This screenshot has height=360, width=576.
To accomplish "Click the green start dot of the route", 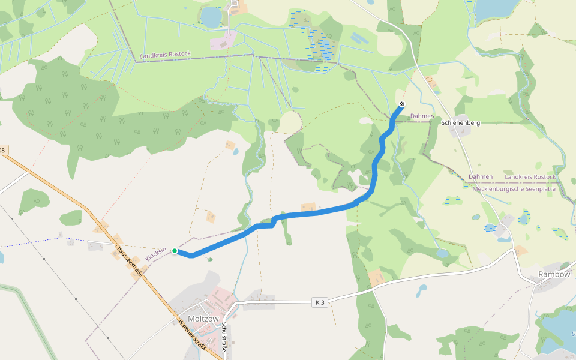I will click(175, 251).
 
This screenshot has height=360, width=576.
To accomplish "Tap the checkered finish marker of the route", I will click(402, 104).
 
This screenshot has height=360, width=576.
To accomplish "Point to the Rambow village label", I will click(554, 274).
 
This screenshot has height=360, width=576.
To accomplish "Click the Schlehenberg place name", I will click(460, 123).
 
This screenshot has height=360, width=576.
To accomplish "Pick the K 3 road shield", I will click(320, 302).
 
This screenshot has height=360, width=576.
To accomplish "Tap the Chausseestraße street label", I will click(129, 260).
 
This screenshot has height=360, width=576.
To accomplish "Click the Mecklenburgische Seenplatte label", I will click(515, 189).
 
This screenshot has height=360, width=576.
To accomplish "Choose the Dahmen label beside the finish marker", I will click(421, 116).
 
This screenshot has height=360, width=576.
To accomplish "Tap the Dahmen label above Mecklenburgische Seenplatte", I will click(481, 177).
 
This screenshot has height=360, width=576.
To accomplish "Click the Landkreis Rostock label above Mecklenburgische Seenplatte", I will click(530, 177).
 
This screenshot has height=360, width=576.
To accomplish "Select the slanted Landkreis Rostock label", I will click(165, 55).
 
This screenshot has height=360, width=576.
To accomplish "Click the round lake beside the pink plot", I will click(211, 16).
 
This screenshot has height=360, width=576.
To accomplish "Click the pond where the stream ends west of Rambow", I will click(443, 253).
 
